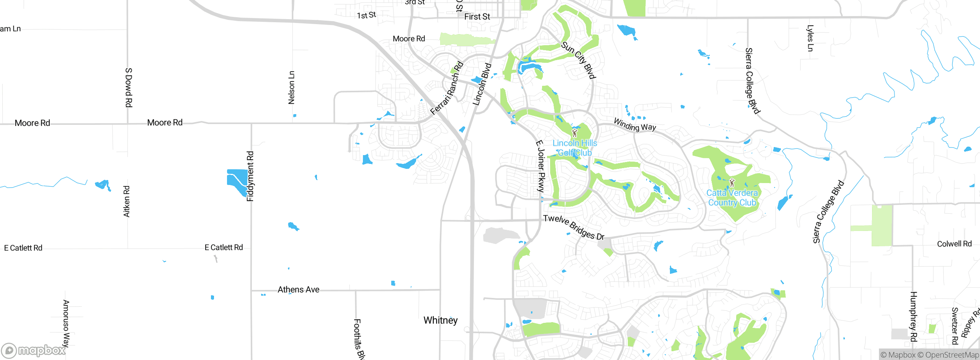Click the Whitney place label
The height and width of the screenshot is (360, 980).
click(440, 320)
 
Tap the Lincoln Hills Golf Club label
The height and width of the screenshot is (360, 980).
click(575, 148)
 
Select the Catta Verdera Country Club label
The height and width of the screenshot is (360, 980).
click(732, 198)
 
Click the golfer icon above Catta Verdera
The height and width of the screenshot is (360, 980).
click(732, 183)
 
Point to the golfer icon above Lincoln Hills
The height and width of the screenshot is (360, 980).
click(574, 133)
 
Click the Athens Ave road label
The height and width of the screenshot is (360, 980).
click(298, 290)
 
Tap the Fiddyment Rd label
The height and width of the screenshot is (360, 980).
click(250, 176)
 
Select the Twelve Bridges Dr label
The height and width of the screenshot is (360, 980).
click(573, 227)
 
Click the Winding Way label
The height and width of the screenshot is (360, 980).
click(635, 125)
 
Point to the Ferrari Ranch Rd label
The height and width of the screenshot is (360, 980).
click(447, 88)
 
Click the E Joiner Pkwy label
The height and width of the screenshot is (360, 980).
click(540, 166)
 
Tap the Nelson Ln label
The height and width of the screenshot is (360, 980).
click(291, 87)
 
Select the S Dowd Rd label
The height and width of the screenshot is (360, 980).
click(129, 87)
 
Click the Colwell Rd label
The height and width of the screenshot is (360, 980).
click(954, 244)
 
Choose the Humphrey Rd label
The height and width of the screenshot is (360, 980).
click(913, 316)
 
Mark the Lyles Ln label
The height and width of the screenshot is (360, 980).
click(810, 38)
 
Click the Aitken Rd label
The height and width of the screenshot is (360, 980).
click(126, 201)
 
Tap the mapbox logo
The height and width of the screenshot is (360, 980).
click(34, 350)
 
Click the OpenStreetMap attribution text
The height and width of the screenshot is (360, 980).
click(948, 355)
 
